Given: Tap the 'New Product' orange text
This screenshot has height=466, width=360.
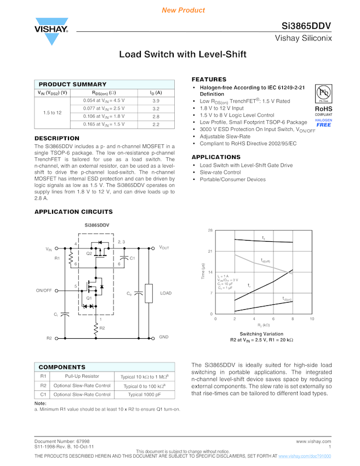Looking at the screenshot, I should click(184, 10).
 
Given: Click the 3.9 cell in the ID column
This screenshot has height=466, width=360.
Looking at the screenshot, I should click(156, 101).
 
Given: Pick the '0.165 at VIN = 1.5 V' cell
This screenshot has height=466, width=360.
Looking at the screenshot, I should click(104, 124).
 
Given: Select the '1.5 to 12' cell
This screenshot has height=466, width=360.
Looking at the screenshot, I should click(52, 112).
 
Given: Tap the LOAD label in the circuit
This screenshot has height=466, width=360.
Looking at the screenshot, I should click(166, 293).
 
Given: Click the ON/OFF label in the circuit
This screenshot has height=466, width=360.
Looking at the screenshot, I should click(44, 290).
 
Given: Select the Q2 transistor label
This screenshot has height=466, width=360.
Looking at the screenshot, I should click(89, 253).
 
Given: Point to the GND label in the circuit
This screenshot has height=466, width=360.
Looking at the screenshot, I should click(164, 337).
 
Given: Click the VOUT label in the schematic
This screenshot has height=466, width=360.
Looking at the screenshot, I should click(164, 248).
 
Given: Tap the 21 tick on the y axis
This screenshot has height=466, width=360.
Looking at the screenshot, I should click(210, 252).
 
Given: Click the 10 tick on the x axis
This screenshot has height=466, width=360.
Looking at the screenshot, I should click(312, 319).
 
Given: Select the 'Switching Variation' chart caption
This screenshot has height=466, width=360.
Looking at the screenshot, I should click(261, 334).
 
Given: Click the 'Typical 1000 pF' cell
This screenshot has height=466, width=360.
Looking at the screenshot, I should click(144, 394).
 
